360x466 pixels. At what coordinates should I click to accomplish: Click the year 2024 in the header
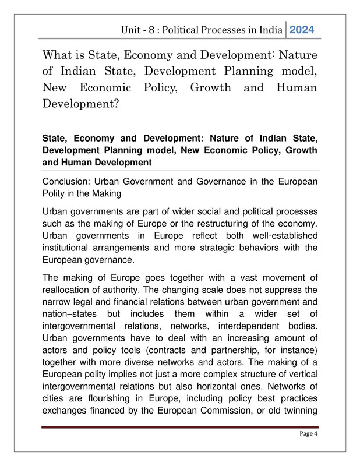click(x=302, y=29)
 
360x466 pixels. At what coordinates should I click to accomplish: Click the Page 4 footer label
click(x=306, y=434)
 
